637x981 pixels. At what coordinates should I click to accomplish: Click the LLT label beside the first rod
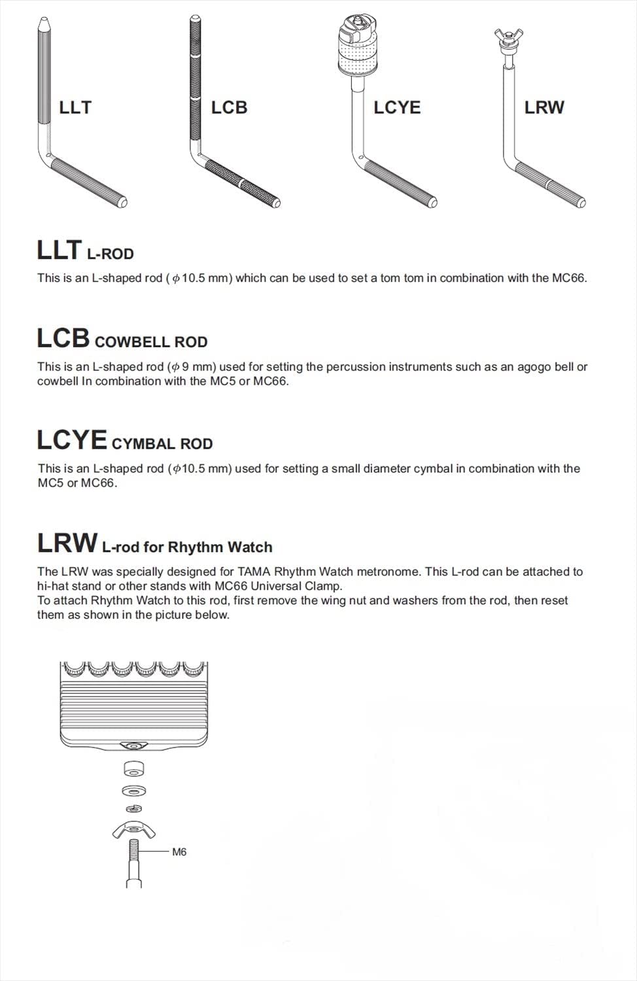[75, 107]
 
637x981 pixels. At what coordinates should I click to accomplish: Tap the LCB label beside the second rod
[229, 107]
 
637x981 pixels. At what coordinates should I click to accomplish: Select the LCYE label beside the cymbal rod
[397, 107]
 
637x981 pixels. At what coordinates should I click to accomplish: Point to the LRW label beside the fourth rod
[544, 107]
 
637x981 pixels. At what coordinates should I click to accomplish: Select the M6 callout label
[179, 852]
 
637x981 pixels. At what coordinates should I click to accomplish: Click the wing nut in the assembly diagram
[133, 829]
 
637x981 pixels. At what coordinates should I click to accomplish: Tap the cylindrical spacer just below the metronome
[133, 768]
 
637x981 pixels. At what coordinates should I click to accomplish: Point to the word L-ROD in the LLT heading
[110, 254]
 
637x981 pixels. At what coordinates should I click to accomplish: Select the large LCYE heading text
[72, 439]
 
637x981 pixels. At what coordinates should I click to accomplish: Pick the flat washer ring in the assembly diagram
[133, 790]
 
